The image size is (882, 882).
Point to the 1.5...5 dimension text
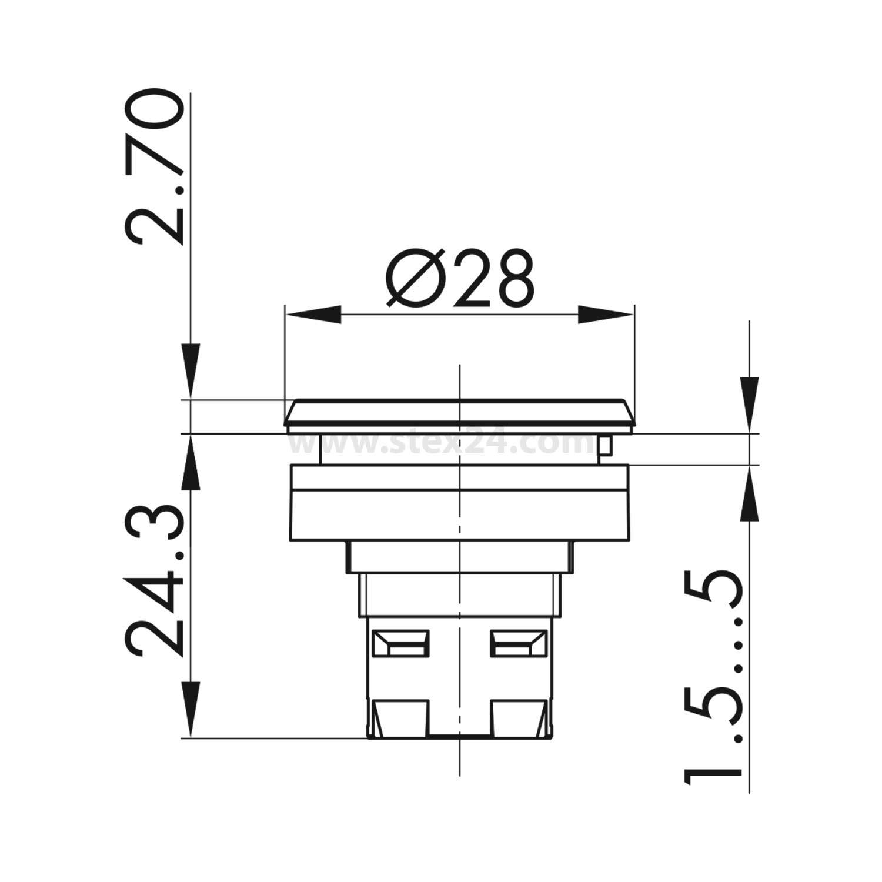pos(713,676)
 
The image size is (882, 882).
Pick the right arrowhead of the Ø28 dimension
pos(606,315)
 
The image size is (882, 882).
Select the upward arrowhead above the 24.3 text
pos(190,465)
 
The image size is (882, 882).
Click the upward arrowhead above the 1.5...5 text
pos(749,494)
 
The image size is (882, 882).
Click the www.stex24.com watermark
pos(441,444)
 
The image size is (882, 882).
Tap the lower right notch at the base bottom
pos(516,718)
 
